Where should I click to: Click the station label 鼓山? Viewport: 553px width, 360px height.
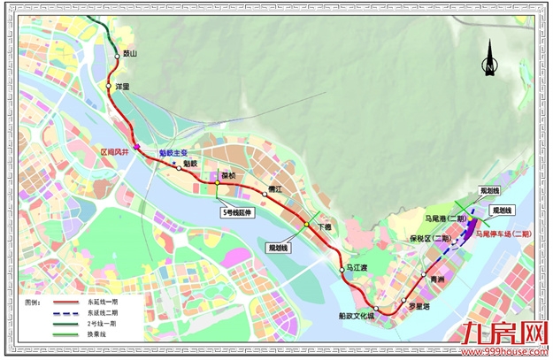click(x=132, y=54)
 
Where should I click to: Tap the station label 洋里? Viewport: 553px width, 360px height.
click(x=122, y=87)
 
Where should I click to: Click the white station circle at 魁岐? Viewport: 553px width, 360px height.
click(x=180, y=165)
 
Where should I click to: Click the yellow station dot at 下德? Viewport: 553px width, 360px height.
click(x=307, y=225)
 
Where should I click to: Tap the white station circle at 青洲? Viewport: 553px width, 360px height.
click(x=425, y=279)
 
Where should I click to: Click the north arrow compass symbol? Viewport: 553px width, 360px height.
click(x=489, y=65)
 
